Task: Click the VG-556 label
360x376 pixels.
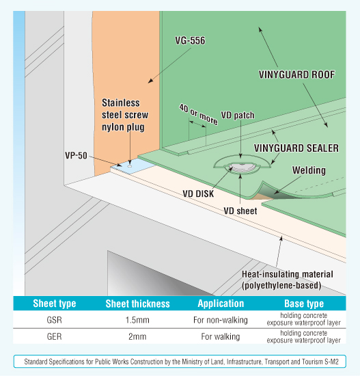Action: coord(190,40)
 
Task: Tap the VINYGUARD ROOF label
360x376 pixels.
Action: coord(296,75)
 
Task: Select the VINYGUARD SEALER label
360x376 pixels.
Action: coord(296,148)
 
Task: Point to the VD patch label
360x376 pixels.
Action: coord(238,116)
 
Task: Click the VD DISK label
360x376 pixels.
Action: coord(198,193)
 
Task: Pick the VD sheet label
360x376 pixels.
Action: coord(240,211)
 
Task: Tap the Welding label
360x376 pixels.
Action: coord(309,170)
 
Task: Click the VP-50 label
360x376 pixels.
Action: coord(76,155)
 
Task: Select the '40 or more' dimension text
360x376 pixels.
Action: coord(198,114)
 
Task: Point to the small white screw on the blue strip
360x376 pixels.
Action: coord(130,165)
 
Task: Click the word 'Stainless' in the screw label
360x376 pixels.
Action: coord(121,103)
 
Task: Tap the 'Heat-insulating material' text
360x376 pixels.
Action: coord(288,274)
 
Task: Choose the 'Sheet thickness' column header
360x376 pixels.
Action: coord(137,304)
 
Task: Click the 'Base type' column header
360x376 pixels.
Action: coord(304,304)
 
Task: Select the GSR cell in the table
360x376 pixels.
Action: coord(55,320)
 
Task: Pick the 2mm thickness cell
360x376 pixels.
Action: coord(137,336)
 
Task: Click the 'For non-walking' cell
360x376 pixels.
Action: coord(221,320)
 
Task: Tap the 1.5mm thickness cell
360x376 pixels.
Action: coord(137,320)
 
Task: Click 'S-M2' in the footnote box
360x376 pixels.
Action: coord(331,362)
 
